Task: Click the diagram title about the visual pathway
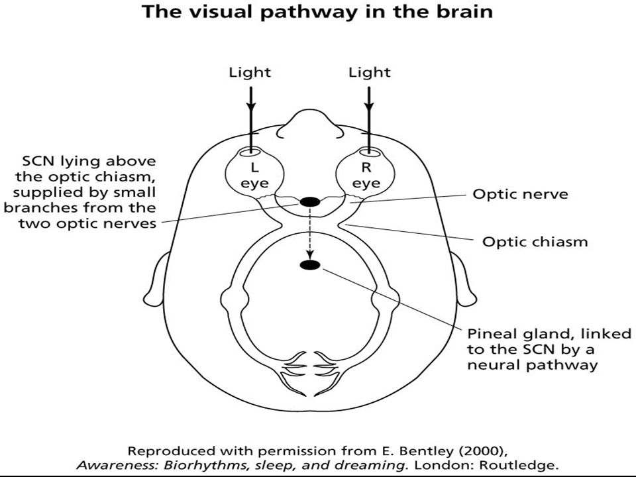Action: click(x=317, y=12)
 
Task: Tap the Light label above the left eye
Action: click(x=250, y=73)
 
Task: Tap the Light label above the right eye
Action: click(x=370, y=73)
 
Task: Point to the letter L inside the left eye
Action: click(x=254, y=167)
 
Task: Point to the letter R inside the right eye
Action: click(x=366, y=167)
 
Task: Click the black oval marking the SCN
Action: click(x=310, y=201)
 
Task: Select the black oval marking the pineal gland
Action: click(x=310, y=265)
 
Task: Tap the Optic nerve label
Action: click(x=521, y=194)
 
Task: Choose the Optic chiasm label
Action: click(x=535, y=242)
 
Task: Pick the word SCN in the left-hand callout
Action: click(x=38, y=161)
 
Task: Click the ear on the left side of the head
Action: click(x=156, y=280)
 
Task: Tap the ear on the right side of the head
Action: click(x=463, y=280)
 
